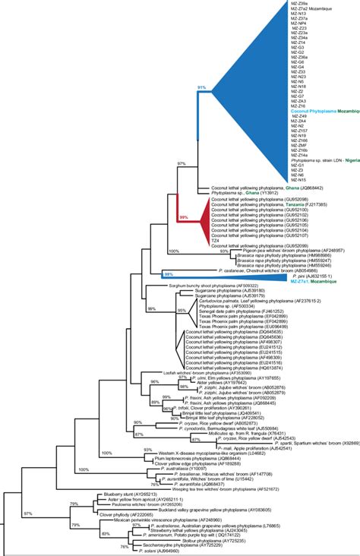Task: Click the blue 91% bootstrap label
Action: coord(202,88)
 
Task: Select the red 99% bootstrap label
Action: coord(182,217)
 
